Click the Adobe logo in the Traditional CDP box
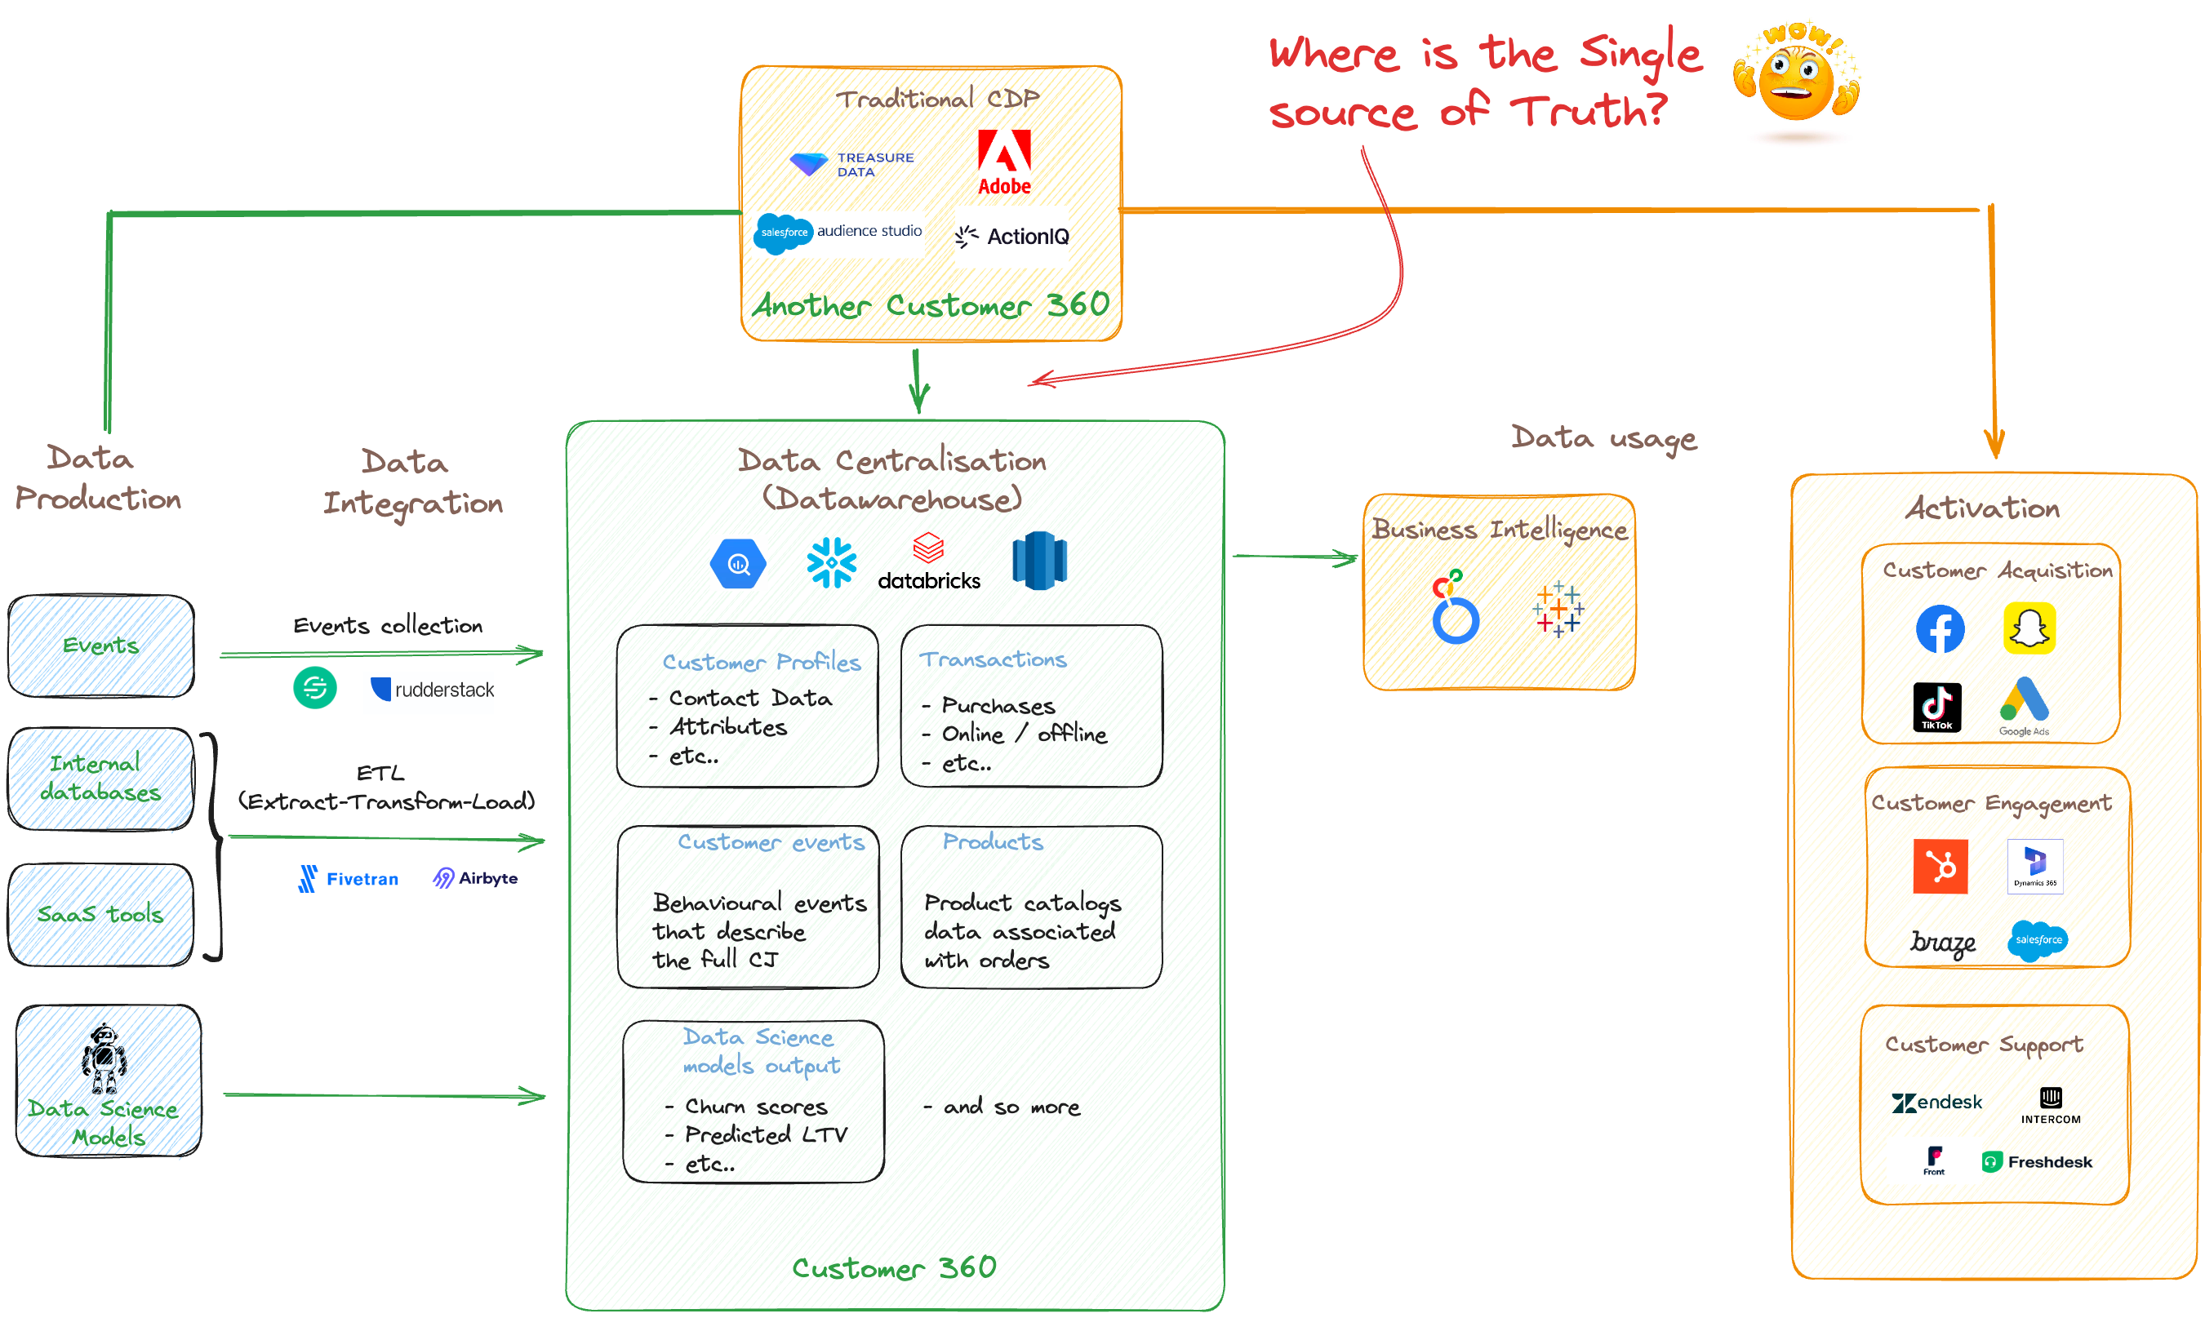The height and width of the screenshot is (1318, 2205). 1004,162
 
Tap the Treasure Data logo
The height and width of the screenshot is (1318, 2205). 851,164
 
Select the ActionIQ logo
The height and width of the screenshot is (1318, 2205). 1012,236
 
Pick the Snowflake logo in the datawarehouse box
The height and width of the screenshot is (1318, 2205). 832,563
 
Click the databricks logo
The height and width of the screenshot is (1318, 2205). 928,563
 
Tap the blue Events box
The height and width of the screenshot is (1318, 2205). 101,646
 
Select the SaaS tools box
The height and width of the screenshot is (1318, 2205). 101,914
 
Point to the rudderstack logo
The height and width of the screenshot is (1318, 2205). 432,690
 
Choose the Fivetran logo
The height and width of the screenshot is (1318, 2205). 349,878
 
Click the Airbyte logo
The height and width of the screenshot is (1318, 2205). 475,878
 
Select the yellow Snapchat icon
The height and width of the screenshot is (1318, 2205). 2029,628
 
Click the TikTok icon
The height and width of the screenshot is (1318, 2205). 1936,707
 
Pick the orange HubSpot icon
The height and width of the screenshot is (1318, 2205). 1940,866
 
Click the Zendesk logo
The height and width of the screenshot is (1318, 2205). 1936,1103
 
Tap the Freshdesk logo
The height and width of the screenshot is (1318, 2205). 2036,1161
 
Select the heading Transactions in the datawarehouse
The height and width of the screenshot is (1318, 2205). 993,660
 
